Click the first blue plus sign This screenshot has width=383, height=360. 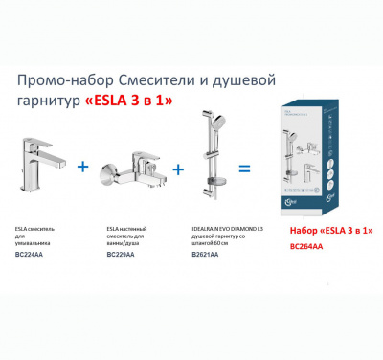pos(84,167)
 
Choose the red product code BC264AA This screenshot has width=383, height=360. pos(307,246)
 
